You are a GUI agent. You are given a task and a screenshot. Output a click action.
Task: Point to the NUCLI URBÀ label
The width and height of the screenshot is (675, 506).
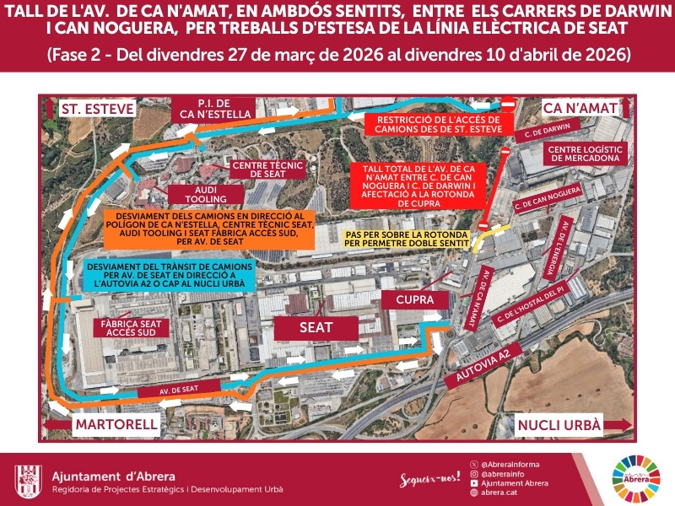click(x=559, y=424)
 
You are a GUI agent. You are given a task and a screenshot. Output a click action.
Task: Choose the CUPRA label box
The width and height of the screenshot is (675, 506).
click(x=408, y=300)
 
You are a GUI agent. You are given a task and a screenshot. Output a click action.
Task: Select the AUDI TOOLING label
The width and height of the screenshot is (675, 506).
click(x=192, y=195)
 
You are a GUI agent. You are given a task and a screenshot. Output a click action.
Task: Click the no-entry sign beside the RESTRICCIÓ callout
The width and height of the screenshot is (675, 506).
click(x=508, y=104)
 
